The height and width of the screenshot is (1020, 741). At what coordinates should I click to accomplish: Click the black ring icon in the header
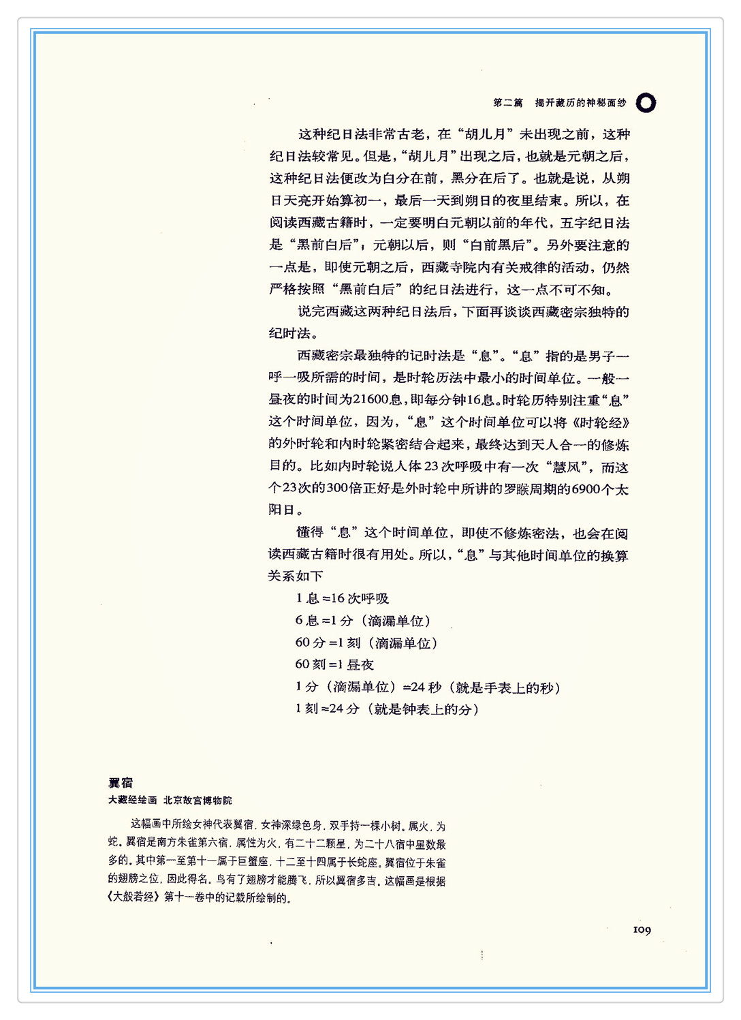click(x=646, y=103)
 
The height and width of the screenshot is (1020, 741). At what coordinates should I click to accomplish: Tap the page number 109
click(x=642, y=929)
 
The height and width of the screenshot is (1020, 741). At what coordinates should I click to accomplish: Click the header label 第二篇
click(x=508, y=103)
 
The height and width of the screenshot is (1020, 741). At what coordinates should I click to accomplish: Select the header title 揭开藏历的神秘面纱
click(x=580, y=103)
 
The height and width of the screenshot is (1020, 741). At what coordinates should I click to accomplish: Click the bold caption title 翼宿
click(x=121, y=783)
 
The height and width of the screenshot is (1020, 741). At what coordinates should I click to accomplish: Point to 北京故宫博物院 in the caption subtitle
click(x=198, y=800)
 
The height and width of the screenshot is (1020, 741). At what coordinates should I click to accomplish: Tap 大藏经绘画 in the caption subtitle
click(x=132, y=800)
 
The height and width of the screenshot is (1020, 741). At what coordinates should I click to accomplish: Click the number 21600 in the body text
click(x=372, y=400)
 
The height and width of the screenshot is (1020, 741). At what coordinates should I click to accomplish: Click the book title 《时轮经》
click(x=598, y=422)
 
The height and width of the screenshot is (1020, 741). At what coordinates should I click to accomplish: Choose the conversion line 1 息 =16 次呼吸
click(x=342, y=598)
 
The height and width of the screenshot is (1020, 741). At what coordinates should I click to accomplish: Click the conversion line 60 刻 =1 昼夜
click(x=334, y=664)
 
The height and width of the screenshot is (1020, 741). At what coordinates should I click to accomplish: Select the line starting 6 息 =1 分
click(x=362, y=621)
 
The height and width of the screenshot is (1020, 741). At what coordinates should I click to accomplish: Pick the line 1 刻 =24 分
click(x=387, y=709)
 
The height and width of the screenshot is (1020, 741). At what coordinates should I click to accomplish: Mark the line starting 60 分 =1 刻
click(x=366, y=643)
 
